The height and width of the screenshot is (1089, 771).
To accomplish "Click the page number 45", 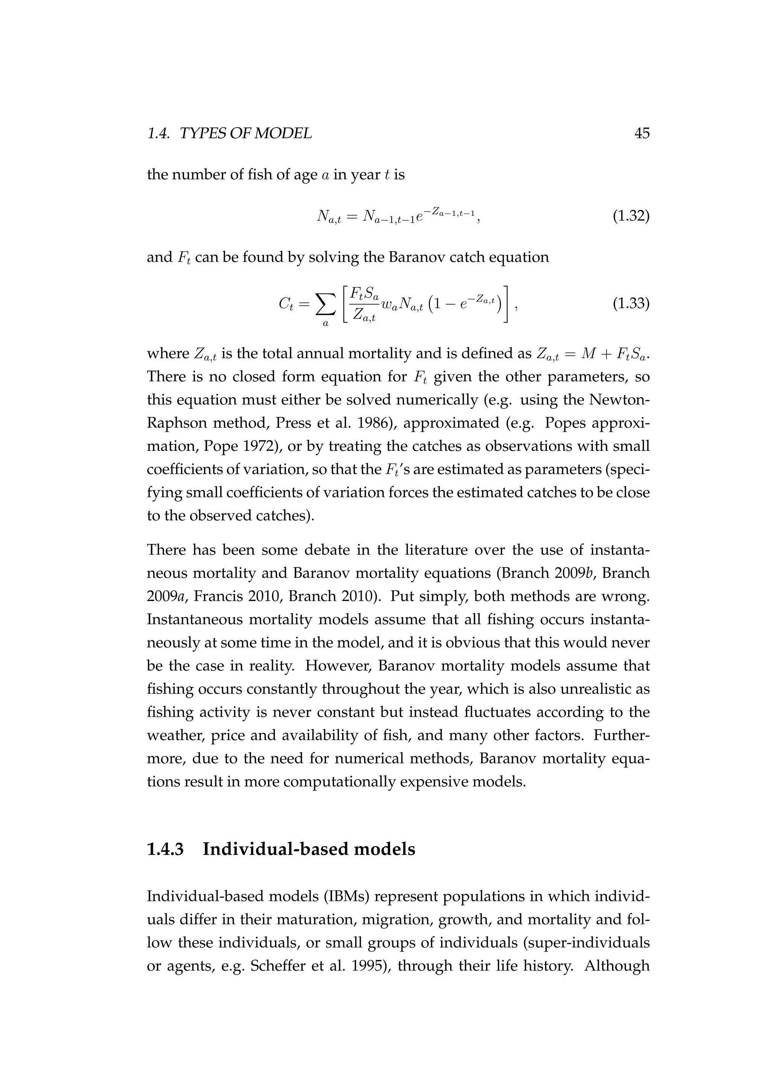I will [x=642, y=134].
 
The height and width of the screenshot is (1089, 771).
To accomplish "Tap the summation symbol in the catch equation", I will [x=325, y=304].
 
